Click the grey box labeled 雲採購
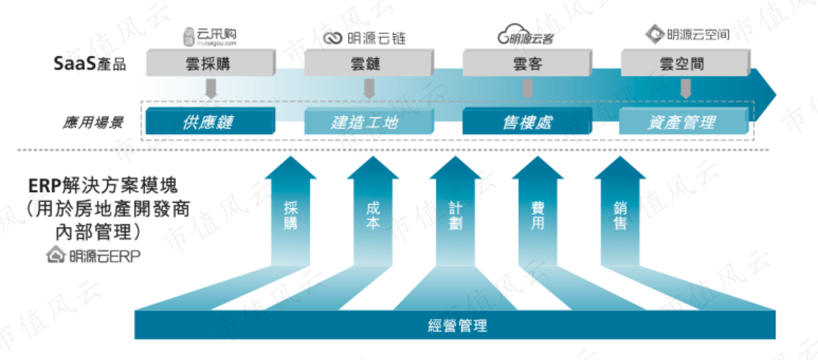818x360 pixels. point(211,63)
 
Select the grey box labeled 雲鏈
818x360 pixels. point(369,63)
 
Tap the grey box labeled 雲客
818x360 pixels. point(527,63)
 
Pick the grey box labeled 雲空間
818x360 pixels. point(685,63)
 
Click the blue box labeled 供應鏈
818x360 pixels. point(211,122)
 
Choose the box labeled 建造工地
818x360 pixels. point(369,122)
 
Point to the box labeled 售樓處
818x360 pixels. point(527,122)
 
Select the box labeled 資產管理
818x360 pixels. point(684,122)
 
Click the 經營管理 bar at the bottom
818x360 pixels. point(455,325)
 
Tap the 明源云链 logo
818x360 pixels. point(364,38)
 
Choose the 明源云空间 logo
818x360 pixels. point(687,35)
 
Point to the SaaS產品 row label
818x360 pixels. point(90,64)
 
